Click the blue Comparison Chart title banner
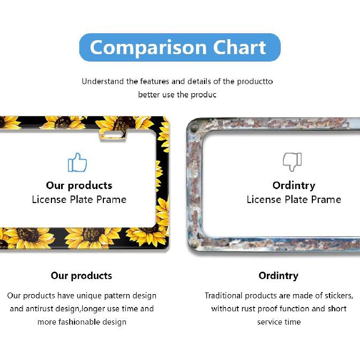[179, 47]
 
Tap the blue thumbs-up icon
[77, 162]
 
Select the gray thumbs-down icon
[292, 161]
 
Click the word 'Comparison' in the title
[148, 48]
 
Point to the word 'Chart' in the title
[239, 48]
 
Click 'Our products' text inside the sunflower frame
[79, 185]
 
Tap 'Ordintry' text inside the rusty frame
[294, 185]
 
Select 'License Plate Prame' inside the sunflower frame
[79, 199]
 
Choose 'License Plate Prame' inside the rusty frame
[294, 199]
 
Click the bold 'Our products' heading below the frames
[81, 276]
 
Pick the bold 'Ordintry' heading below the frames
[278, 276]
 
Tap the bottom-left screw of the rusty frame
[194, 244]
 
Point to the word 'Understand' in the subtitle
[103, 81]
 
